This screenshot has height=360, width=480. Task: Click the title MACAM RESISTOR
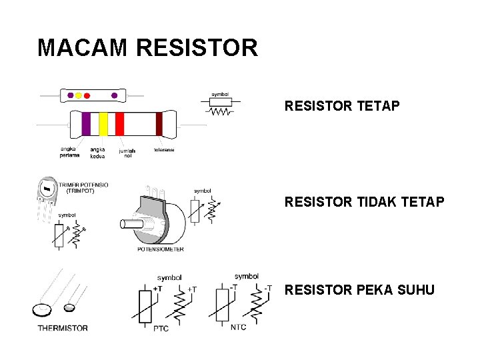click(147, 48)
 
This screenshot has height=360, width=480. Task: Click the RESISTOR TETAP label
click(342, 106)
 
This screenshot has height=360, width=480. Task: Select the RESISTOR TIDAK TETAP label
click(364, 201)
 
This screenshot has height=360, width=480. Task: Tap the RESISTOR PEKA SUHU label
click(359, 290)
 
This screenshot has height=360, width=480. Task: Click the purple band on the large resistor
click(86, 124)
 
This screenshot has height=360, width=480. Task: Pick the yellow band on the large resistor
click(103, 124)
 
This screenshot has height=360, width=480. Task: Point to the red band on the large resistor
click(120, 124)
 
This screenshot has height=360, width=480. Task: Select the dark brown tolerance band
click(159, 124)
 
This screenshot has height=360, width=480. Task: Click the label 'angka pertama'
click(69, 152)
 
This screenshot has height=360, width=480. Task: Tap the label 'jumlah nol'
click(127, 153)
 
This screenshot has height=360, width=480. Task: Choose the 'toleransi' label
click(164, 150)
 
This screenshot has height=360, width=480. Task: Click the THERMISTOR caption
click(63, 328)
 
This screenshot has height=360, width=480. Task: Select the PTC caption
click(161, 328)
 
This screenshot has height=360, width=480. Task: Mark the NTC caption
click(239, 327)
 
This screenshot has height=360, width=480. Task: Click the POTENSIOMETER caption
click(160, 249)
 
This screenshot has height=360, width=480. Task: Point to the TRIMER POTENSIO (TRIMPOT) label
click(83, 187)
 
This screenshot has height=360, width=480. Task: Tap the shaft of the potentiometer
click(131, 224)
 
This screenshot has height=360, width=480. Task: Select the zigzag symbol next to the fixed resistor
click(220, 112)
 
